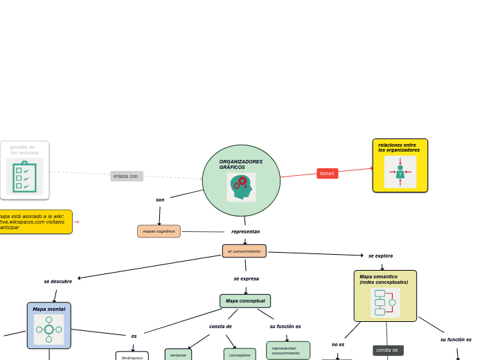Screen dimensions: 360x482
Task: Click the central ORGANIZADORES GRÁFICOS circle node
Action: click(x=241, y=180)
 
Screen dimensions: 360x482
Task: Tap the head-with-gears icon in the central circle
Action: click(x=241, y=187)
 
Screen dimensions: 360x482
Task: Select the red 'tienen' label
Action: click(x=327, y=174)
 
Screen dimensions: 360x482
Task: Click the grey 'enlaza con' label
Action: click(x=126, y=177)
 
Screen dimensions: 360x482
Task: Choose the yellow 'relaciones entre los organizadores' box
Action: click(x=400, y=165)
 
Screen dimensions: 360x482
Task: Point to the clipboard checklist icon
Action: click(x=24, y=177)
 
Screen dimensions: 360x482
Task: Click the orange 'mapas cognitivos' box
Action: click(x=159, y=231)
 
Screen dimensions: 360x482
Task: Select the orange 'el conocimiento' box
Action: click(x=244, y=251)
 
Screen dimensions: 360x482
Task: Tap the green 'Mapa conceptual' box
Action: click(x=245, y=301)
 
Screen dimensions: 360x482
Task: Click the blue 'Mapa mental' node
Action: click(x=48, y=325)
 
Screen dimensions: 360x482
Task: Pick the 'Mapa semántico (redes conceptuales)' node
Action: click(x=385, y=296)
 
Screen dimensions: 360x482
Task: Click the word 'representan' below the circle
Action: click(x=245, y=232)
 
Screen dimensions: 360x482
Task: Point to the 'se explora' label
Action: click(x=380, y=256)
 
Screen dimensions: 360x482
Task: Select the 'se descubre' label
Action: click(x=58, y=282)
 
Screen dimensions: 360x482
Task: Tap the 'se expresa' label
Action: click(x=246, y=279)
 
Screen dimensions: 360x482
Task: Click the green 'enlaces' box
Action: click(x=178, y=355)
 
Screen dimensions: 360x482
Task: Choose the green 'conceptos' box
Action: click(x=240, y=355)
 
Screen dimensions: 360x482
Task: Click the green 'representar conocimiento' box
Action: click(x=287, y=351)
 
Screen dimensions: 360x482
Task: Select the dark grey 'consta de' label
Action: click(x=387, y=350)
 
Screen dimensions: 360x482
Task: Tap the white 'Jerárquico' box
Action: click(x=132, y=357)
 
